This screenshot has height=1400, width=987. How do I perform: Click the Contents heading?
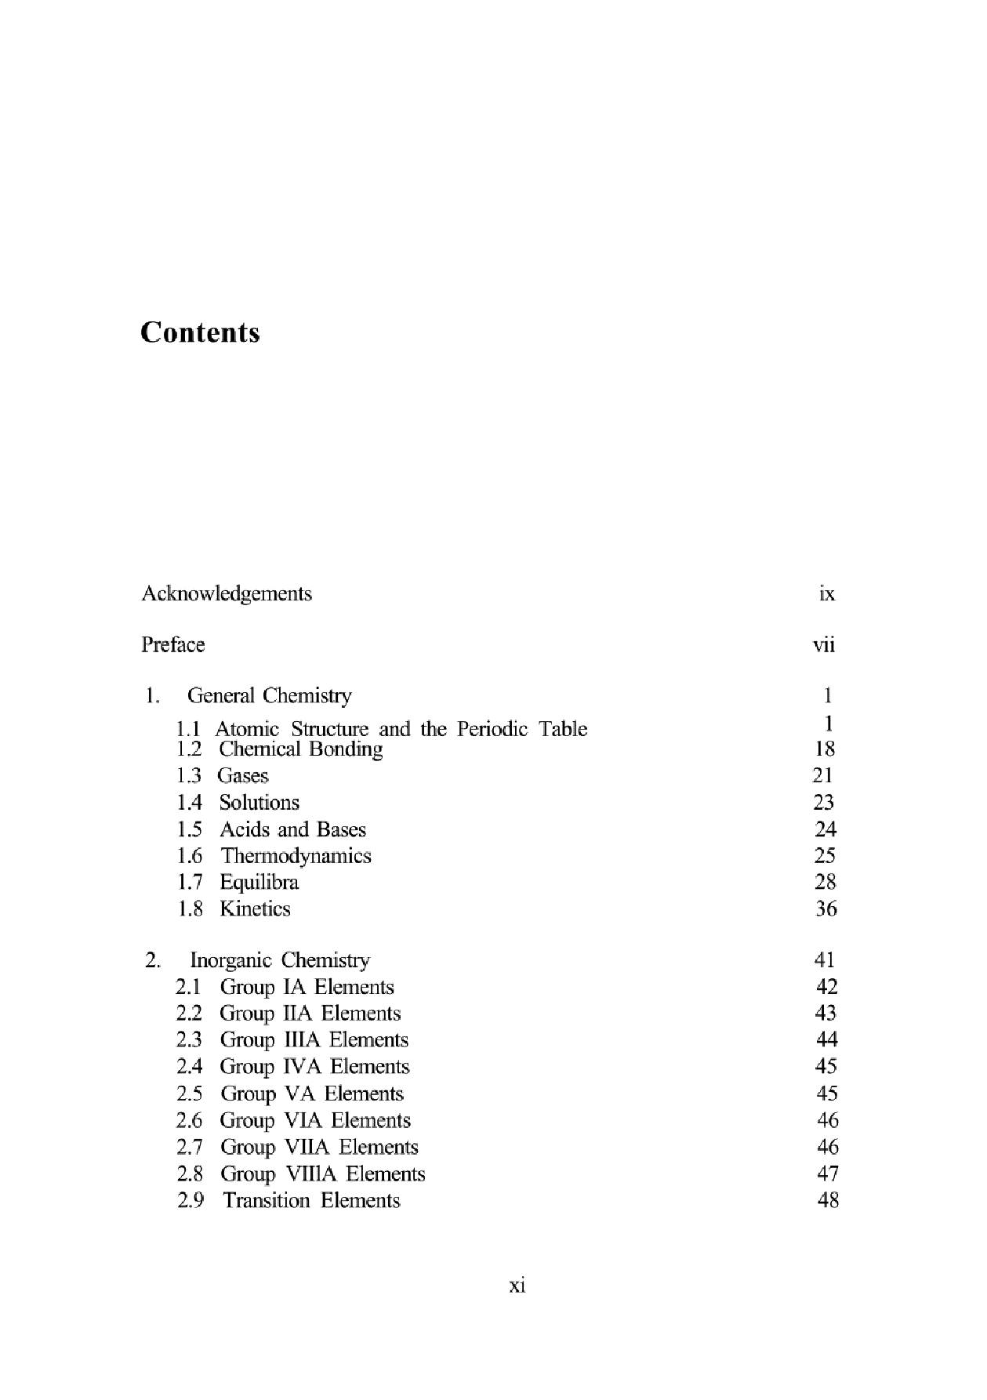pyautogui.click(x=200, y=332)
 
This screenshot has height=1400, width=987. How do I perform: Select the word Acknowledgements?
pyautogui.click(x=227, y=593)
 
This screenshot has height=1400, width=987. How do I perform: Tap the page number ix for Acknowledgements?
pyautogui.click(x=826, y=593)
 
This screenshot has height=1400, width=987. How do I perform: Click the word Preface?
pyautogui.click(x=173, y=644)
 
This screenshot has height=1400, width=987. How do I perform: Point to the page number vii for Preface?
pyautogui.click(x=824, y=645)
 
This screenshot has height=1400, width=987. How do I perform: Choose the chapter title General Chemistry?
pyautogui.click(x=270, y=695)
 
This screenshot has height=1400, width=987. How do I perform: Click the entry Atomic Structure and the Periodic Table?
pyautogui.click(x=401, y=729)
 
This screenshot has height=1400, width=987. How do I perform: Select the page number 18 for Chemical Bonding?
pyautogui.click(x=825, y=749)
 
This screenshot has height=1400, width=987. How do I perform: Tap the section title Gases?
pyautogui.click(x=243, y=775)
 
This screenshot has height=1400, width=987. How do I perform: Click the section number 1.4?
pyautogui.click(x=190, y=803)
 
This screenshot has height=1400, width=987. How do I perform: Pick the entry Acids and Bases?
pyautogui.click(x=292, y=829)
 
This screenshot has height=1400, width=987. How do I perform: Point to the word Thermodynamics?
pyautogui.click(x=296, y=856)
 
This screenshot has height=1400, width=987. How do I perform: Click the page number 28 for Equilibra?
pyautogui.click(x=825, y=882)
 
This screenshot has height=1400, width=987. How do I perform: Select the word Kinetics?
pyautogui.click(x=255, y=909)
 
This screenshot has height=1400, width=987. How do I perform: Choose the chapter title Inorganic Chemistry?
pyautogui.click(x=280, y=960)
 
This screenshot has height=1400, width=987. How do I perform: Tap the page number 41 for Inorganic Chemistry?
pyautogui.click(x=825, y=959)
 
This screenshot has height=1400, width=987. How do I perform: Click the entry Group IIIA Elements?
pyautogui.click(x=314, y=1040)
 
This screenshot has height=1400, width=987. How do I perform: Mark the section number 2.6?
pyautogui.click(x=190, y=1121)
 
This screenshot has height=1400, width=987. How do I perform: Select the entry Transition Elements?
pyautogui.click(x=311, y=1201)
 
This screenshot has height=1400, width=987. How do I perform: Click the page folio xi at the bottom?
pyautogui.click(x=517, y=1286)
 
